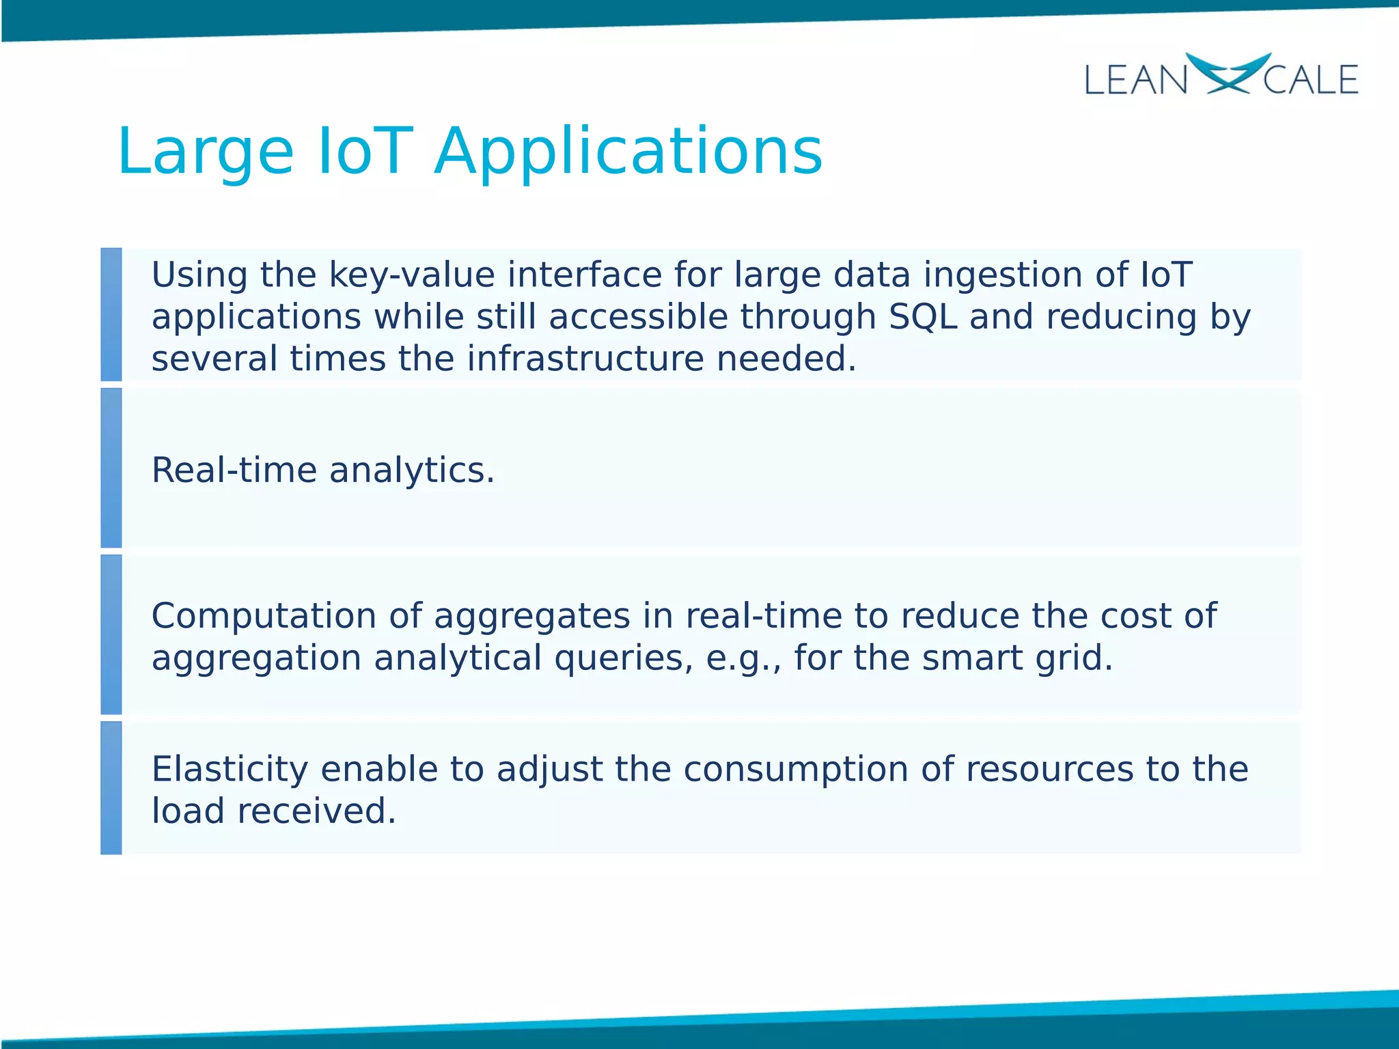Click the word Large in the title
click(x=205, y=152)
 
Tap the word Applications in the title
click(x=628, y=152)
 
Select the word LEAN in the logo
click(x=1136, y=81)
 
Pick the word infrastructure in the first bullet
click(x=585, y=359)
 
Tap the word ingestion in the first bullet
click(x=1003, y=275)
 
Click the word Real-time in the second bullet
click(x=234, y=470)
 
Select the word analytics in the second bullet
click(x=411, y=470)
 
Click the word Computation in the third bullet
click(x=263, y=615)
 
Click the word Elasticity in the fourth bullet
click(x=230, y=769)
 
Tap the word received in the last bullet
click(x=316, y=811)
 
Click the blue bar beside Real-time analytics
click(x=111, y=468)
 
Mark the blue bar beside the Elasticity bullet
click(x=111, y=787)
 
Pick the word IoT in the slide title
click(x=365, y=152)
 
